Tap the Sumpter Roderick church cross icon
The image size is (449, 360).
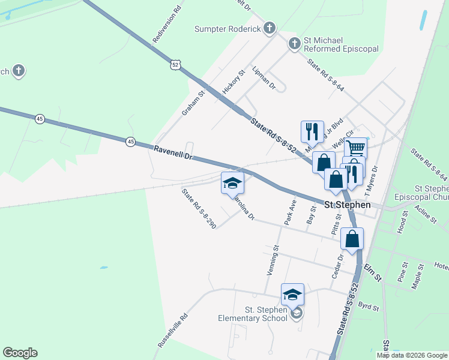pyautogui.click(x=270, y=28)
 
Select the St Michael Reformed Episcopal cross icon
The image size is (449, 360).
pyautogui.click(x=294, y=43)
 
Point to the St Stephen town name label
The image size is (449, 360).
pyautogui.click(x=348, y=205)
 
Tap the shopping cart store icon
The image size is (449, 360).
pyautogui.click(x=356, y=148)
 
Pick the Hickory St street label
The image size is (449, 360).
pyautogui.click(x=234, y=81)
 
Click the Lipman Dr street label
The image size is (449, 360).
pyautogui.click(x=264, y=78)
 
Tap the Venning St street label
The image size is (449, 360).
pyautogui.click(x=273, y=260)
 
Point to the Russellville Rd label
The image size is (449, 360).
pyautogui.click(x=173, y=331)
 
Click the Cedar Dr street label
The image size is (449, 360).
pyautogui.click(x=337, y=266)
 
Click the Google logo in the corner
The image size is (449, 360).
pyautogui.click(x=20, y=353)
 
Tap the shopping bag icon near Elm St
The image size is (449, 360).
pyautogui.click(x=352, y=238)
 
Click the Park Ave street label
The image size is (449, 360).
pyautogui.click(x=291, y=212)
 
